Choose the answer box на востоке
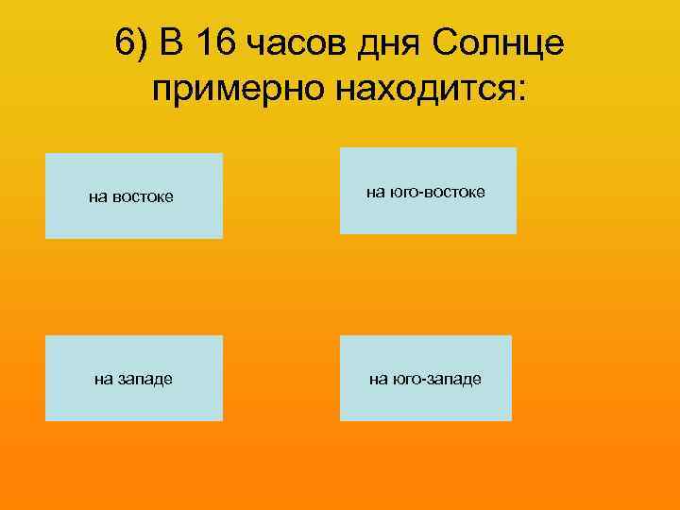coord(134,195)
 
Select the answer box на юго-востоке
coord(428,191)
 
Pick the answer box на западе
coord(134,378)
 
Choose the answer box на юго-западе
coord(425,378)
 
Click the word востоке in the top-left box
coord(143,197)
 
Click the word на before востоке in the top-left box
coord(97,197)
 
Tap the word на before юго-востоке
coord(375,193)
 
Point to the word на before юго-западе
coord(378,380)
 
